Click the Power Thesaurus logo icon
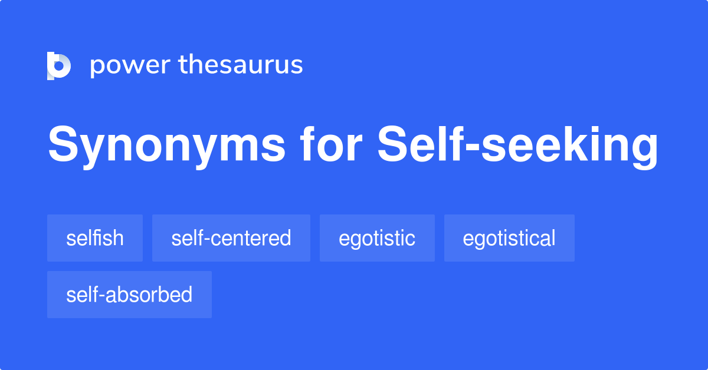pos(59,65)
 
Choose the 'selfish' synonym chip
pos(95,238)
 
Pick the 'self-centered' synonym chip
pos(231,238)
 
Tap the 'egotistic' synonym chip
pos(377,238)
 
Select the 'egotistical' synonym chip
pos(509,238)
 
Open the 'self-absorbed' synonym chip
pos(129,295)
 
